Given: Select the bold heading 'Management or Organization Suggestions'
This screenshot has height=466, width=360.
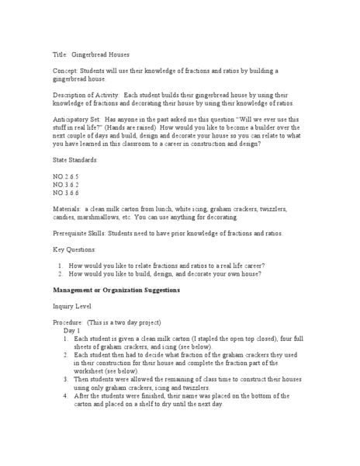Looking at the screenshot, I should (x=116, y=290).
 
